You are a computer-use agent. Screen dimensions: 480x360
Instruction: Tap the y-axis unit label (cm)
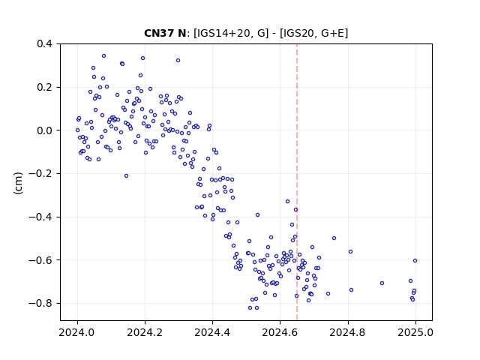click(18, 183)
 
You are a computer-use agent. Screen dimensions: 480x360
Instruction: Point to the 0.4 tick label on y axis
click(44, 43)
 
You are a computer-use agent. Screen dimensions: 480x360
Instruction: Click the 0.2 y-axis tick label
click(44, 87)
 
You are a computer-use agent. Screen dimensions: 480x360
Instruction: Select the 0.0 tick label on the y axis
click(44, 130)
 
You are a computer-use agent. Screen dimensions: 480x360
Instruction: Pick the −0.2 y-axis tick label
click(40, 174)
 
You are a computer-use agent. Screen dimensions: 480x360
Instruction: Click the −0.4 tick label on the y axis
click(40, 217)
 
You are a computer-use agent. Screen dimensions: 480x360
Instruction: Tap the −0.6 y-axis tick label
click(40, 260)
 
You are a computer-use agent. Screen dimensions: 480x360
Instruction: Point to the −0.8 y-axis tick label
click(40, 303)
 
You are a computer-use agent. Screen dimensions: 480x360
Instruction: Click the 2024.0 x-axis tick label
click(77, 332)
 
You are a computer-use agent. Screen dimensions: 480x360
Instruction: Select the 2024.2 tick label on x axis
click(145, 332)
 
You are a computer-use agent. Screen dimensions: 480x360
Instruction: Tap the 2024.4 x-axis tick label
click(212, 332)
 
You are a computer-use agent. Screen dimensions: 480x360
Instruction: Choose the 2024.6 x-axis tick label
click(280, 332)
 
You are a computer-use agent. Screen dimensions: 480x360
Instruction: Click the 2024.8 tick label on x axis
click(347, 332)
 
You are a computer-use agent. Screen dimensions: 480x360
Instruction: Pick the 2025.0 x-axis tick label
click(415, 332)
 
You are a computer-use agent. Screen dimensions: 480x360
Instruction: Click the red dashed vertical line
click(297, 182)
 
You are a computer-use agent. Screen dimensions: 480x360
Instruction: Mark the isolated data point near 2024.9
click(382, 283)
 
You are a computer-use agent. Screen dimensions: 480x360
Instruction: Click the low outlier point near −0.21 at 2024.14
click(126, 175)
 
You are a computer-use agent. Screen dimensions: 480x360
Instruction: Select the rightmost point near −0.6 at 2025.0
click(415, 260)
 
